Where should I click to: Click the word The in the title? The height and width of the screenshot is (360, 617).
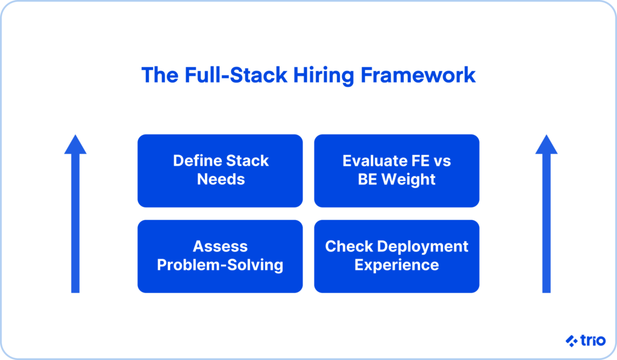click(x=158, y=75)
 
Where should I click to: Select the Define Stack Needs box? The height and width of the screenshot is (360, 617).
click(x=220, y=171)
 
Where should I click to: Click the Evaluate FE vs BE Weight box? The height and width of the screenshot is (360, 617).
click(x=396, y=171)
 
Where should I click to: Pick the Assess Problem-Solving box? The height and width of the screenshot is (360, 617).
click(x=220, y=256)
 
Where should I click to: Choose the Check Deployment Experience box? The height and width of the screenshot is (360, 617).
click(x=396, y=256)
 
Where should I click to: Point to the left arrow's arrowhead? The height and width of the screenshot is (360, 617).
click(x=75, y=145)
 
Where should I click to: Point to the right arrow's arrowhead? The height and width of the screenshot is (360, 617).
click(x=547, y=145)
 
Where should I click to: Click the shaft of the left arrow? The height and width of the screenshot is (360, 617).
click(x=75, y=229)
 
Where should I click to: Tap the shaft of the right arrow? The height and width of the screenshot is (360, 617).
click(x=547, y=229)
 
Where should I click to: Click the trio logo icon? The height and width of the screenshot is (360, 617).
click(x=571, y=341)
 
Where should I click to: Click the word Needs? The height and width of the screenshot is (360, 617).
click(x=220, y=180)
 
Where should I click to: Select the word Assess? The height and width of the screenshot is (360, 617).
click(x=220, y=247)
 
